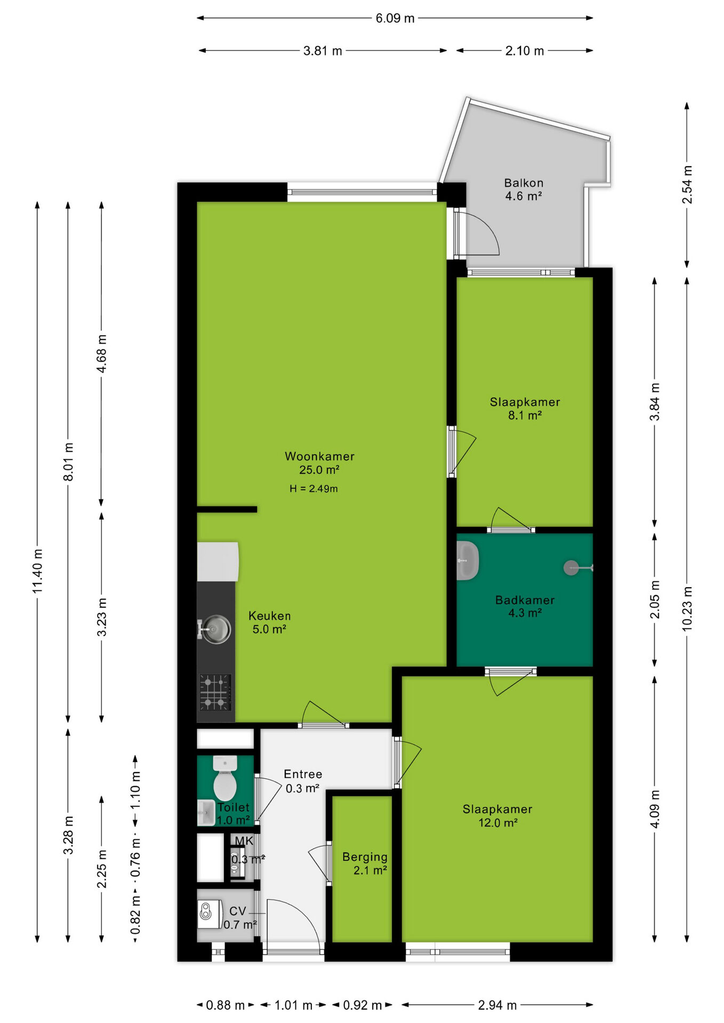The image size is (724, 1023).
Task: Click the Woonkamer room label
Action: coord(319,463)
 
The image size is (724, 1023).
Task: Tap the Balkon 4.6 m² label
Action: coord(524,190)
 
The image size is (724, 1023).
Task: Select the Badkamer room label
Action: coord(525,606)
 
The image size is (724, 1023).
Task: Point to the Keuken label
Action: coord(270,622)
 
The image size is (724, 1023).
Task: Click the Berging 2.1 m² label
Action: coord(365,863)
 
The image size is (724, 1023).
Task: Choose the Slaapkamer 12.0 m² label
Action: coord(497,816)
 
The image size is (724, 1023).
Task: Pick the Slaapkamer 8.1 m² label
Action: coord(525,409)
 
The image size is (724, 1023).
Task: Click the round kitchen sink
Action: coord(215,629)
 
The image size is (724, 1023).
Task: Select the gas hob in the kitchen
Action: coord(215,692)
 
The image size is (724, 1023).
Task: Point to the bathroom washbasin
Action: coord(468,561)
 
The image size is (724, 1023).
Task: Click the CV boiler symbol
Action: coord(210,914)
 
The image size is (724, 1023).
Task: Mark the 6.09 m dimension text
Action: coord(395,18)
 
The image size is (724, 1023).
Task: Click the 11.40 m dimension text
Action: coord(37,571)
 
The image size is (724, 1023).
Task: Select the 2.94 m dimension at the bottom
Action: coord(497,1005)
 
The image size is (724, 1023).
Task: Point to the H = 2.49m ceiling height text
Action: coord(313,489)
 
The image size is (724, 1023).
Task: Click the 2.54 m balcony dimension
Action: coord(687,184)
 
